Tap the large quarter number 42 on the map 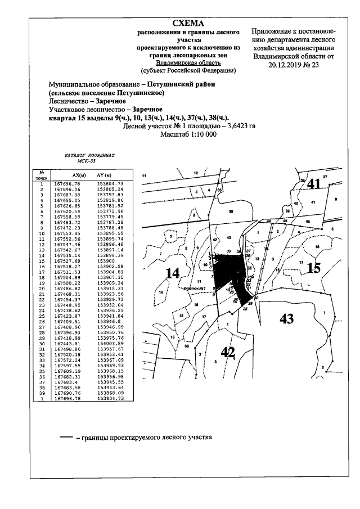tap(227, 352)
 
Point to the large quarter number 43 tap(286, 318)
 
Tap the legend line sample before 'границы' tap(66, 437)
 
